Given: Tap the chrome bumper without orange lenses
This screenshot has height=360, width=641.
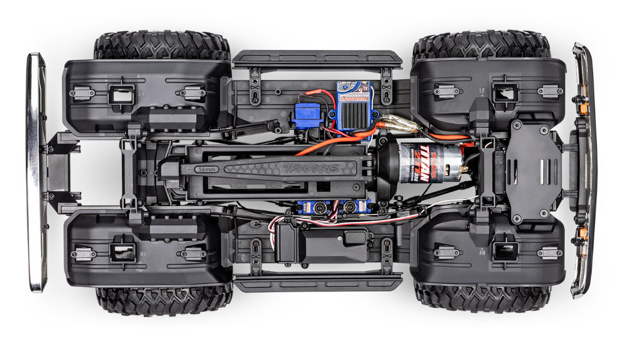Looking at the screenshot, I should pyautogui.click(x=36, y=171).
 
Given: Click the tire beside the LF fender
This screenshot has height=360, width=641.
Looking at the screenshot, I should pyautogui.click(x=481, y=47).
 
